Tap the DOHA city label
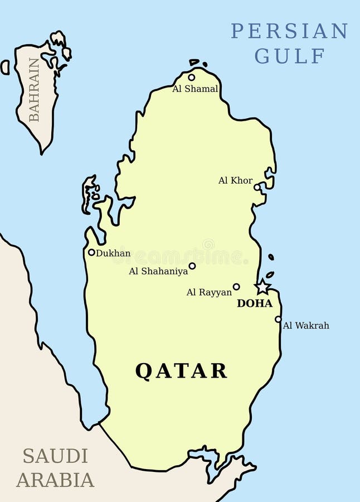[x=255, y=303]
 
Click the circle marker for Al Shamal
[x=192, y=78]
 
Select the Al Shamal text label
[x=195, y=89]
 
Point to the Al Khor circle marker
[x=257, y=187]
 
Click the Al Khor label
[x=235, y=180]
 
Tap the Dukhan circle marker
[x=91, y=252]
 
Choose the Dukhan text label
[x=113, y=253]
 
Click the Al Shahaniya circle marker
[x=192, y=266]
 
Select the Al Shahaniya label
[x=158, y=271]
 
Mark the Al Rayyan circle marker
[x=236, y=287]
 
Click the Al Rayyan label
[x=209, y=292]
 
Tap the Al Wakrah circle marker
[x=278, y=319]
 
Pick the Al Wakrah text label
[x=306, y=325]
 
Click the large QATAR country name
[x=181, y=371]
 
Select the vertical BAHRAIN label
[x=35, y=89]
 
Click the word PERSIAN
[x=289, y=31]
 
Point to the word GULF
[x=290, y=56]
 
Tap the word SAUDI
[x=55, y=456]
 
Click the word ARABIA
[x=55, y=480]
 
